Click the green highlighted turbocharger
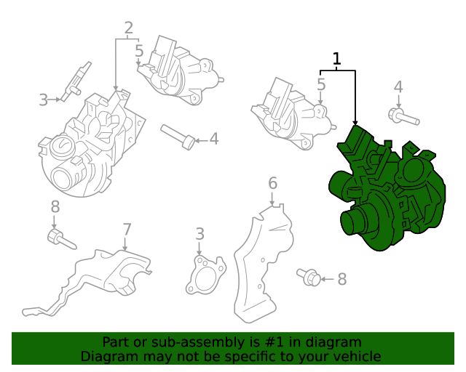click(x=387, y=190)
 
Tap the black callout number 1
click(x=336, y=59)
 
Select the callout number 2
click(x=128, y=28)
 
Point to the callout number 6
click(x=272, y=183)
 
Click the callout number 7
click(x=127, y=230)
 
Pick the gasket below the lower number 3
click(x=205, y=275)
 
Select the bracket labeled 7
click(x=89, y=282)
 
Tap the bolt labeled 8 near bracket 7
click(x=62, y=239)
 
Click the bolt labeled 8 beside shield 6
click(x=309, y=277)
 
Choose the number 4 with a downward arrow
click(x=398, y=87)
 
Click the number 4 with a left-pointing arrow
click(x=214, y=139)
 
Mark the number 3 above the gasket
click(x=200, y=234)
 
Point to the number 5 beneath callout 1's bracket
click(x=321, y=84)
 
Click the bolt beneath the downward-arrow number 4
click(x=403, y=116)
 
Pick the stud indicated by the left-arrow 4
click(x=178, y=137)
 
